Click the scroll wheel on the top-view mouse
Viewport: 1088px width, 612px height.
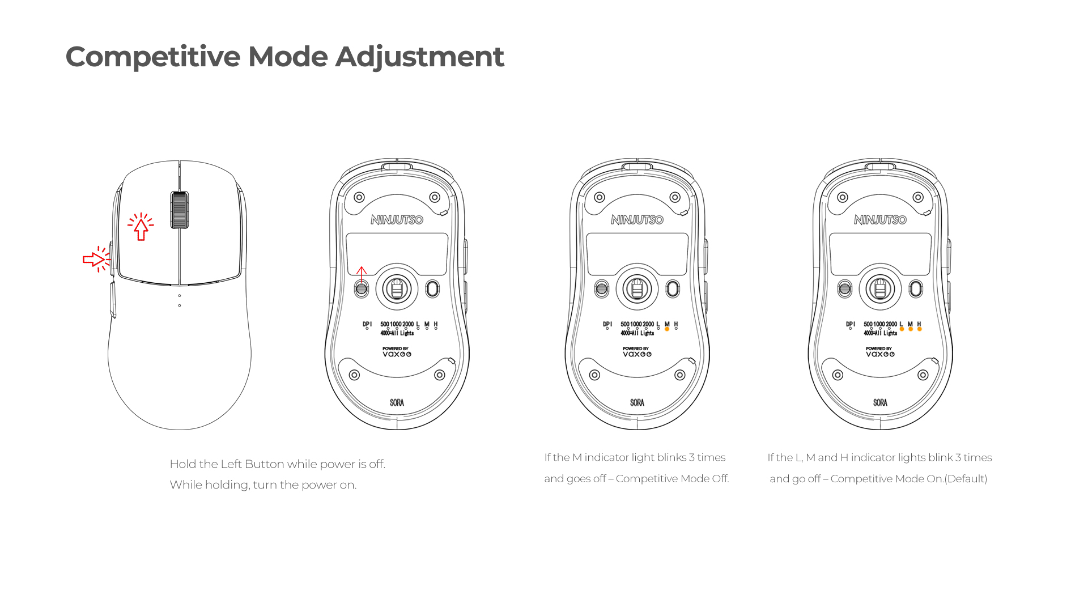(x=180, y=210)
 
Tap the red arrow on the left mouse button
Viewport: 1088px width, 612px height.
(x=141, y=228)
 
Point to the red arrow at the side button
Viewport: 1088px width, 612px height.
(x=93, y=260)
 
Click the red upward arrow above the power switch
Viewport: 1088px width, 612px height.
(x=362, y=274)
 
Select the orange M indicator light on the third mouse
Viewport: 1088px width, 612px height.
(x=667, y=329)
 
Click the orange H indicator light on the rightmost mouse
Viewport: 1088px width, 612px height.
(x=919, y=329)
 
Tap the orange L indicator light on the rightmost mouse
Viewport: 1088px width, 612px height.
(x=902, y=329)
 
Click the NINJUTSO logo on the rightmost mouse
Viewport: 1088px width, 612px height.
(x=880, y=220)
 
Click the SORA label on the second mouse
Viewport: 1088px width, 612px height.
(x=397, y=402)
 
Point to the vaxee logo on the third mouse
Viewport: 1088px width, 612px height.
(x=637, y=354)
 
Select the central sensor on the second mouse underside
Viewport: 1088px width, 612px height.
(x=397, y=289)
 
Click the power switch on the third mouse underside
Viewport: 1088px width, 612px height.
(x=602, y=289)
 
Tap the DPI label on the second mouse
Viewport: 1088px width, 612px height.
(x=367, y=324)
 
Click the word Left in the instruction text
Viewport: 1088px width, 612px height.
(x=231, y=464)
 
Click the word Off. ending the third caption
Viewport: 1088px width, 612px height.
(x=720, y=479)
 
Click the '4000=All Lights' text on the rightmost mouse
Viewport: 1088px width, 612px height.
(x=880, y=333)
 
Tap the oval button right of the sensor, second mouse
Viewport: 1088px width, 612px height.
(x=432, y=289)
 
